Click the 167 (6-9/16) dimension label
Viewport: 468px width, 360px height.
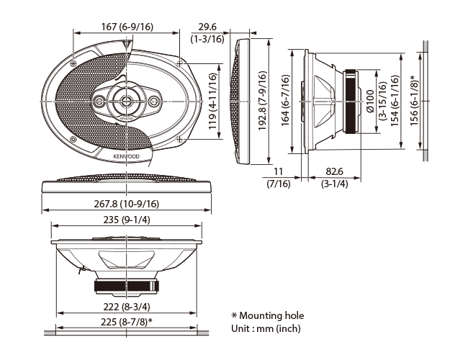coord(127,27)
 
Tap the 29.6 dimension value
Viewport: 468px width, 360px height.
coord(207,27)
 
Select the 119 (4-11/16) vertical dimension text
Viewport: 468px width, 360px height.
coord(212,102)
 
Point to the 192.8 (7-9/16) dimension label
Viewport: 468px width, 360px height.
coord(262,101)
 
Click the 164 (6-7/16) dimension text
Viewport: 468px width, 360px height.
coord(286,100)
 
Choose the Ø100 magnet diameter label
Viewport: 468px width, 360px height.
coord(370,102)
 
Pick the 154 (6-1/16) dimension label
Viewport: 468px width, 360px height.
coord(395,101)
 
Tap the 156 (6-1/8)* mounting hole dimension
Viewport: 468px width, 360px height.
coord(414,100)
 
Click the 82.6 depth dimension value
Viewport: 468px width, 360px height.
coord(334,171)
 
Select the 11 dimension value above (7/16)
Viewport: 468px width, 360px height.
coord(278,171)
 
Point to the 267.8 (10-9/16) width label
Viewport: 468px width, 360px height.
coord(127,204)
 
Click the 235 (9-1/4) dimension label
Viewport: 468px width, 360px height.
coord(127,220)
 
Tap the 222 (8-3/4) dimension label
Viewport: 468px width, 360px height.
coord(127,307)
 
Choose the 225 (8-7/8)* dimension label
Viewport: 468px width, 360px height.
coord(127,322)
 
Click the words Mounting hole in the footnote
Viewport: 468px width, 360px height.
coord(271,316)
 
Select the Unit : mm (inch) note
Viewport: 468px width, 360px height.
coord(266,328)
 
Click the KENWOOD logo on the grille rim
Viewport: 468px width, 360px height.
coord(126,156)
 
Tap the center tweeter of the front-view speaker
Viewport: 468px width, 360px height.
coord(127,101)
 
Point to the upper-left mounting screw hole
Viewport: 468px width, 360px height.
coord(73,63)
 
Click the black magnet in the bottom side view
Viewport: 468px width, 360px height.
coord(127,286)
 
